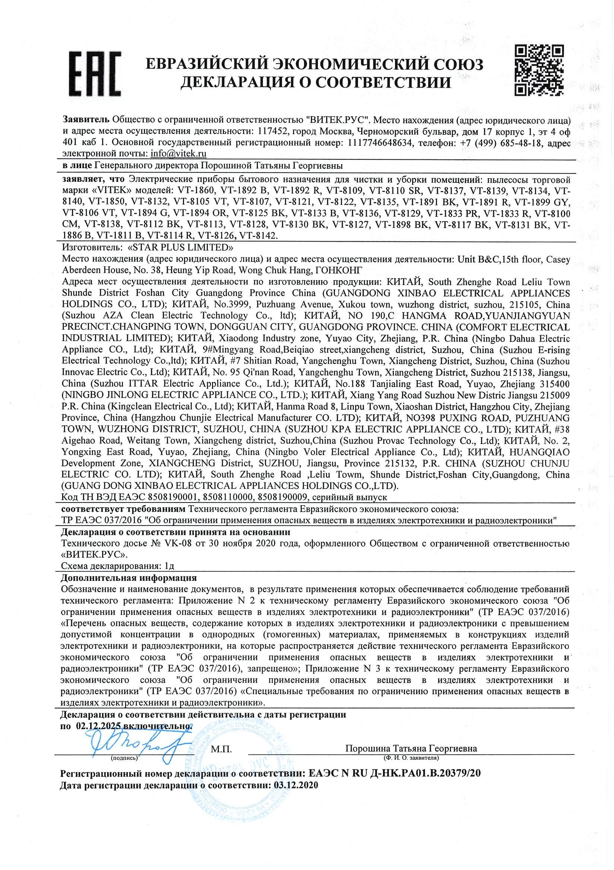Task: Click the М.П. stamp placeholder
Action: (x=221, y=748)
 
